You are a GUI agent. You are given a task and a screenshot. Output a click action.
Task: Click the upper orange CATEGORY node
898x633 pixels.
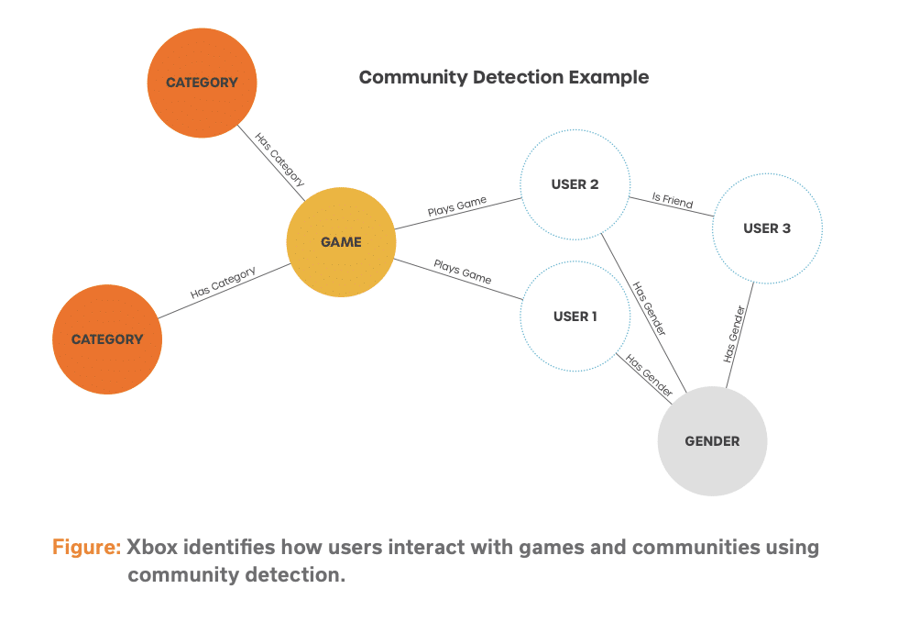202,83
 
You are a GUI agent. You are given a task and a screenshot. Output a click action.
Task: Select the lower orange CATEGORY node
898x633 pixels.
107,339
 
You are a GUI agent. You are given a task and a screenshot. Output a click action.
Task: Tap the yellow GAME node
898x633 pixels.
341,242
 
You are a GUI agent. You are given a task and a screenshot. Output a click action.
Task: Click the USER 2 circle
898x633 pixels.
575,184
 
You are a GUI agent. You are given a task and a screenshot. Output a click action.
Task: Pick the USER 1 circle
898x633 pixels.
575,316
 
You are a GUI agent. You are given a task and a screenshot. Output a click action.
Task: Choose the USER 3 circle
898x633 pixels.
768,228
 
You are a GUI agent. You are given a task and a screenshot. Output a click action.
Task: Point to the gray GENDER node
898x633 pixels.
713,441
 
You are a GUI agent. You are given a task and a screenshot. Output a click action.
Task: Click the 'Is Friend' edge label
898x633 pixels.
673,200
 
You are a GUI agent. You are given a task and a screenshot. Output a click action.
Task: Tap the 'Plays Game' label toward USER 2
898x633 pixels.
457,205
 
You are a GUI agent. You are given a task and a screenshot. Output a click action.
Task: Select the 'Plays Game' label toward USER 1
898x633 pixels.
463,272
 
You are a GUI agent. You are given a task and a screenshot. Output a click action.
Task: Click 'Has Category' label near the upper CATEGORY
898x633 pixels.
279,159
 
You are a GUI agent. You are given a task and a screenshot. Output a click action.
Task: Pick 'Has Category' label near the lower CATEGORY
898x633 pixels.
223,283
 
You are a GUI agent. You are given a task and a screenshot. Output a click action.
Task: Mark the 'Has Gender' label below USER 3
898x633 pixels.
734,334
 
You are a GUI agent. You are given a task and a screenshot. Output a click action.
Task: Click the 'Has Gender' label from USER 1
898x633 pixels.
649,375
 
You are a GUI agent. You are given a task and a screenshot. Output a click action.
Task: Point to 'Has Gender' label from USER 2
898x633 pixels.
650,308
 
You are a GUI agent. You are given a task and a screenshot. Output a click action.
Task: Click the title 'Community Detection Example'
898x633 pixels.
504,77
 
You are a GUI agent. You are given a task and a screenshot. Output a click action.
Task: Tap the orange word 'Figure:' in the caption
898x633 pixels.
86,547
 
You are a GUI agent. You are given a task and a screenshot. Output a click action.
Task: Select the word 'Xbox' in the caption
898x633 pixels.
152,547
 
